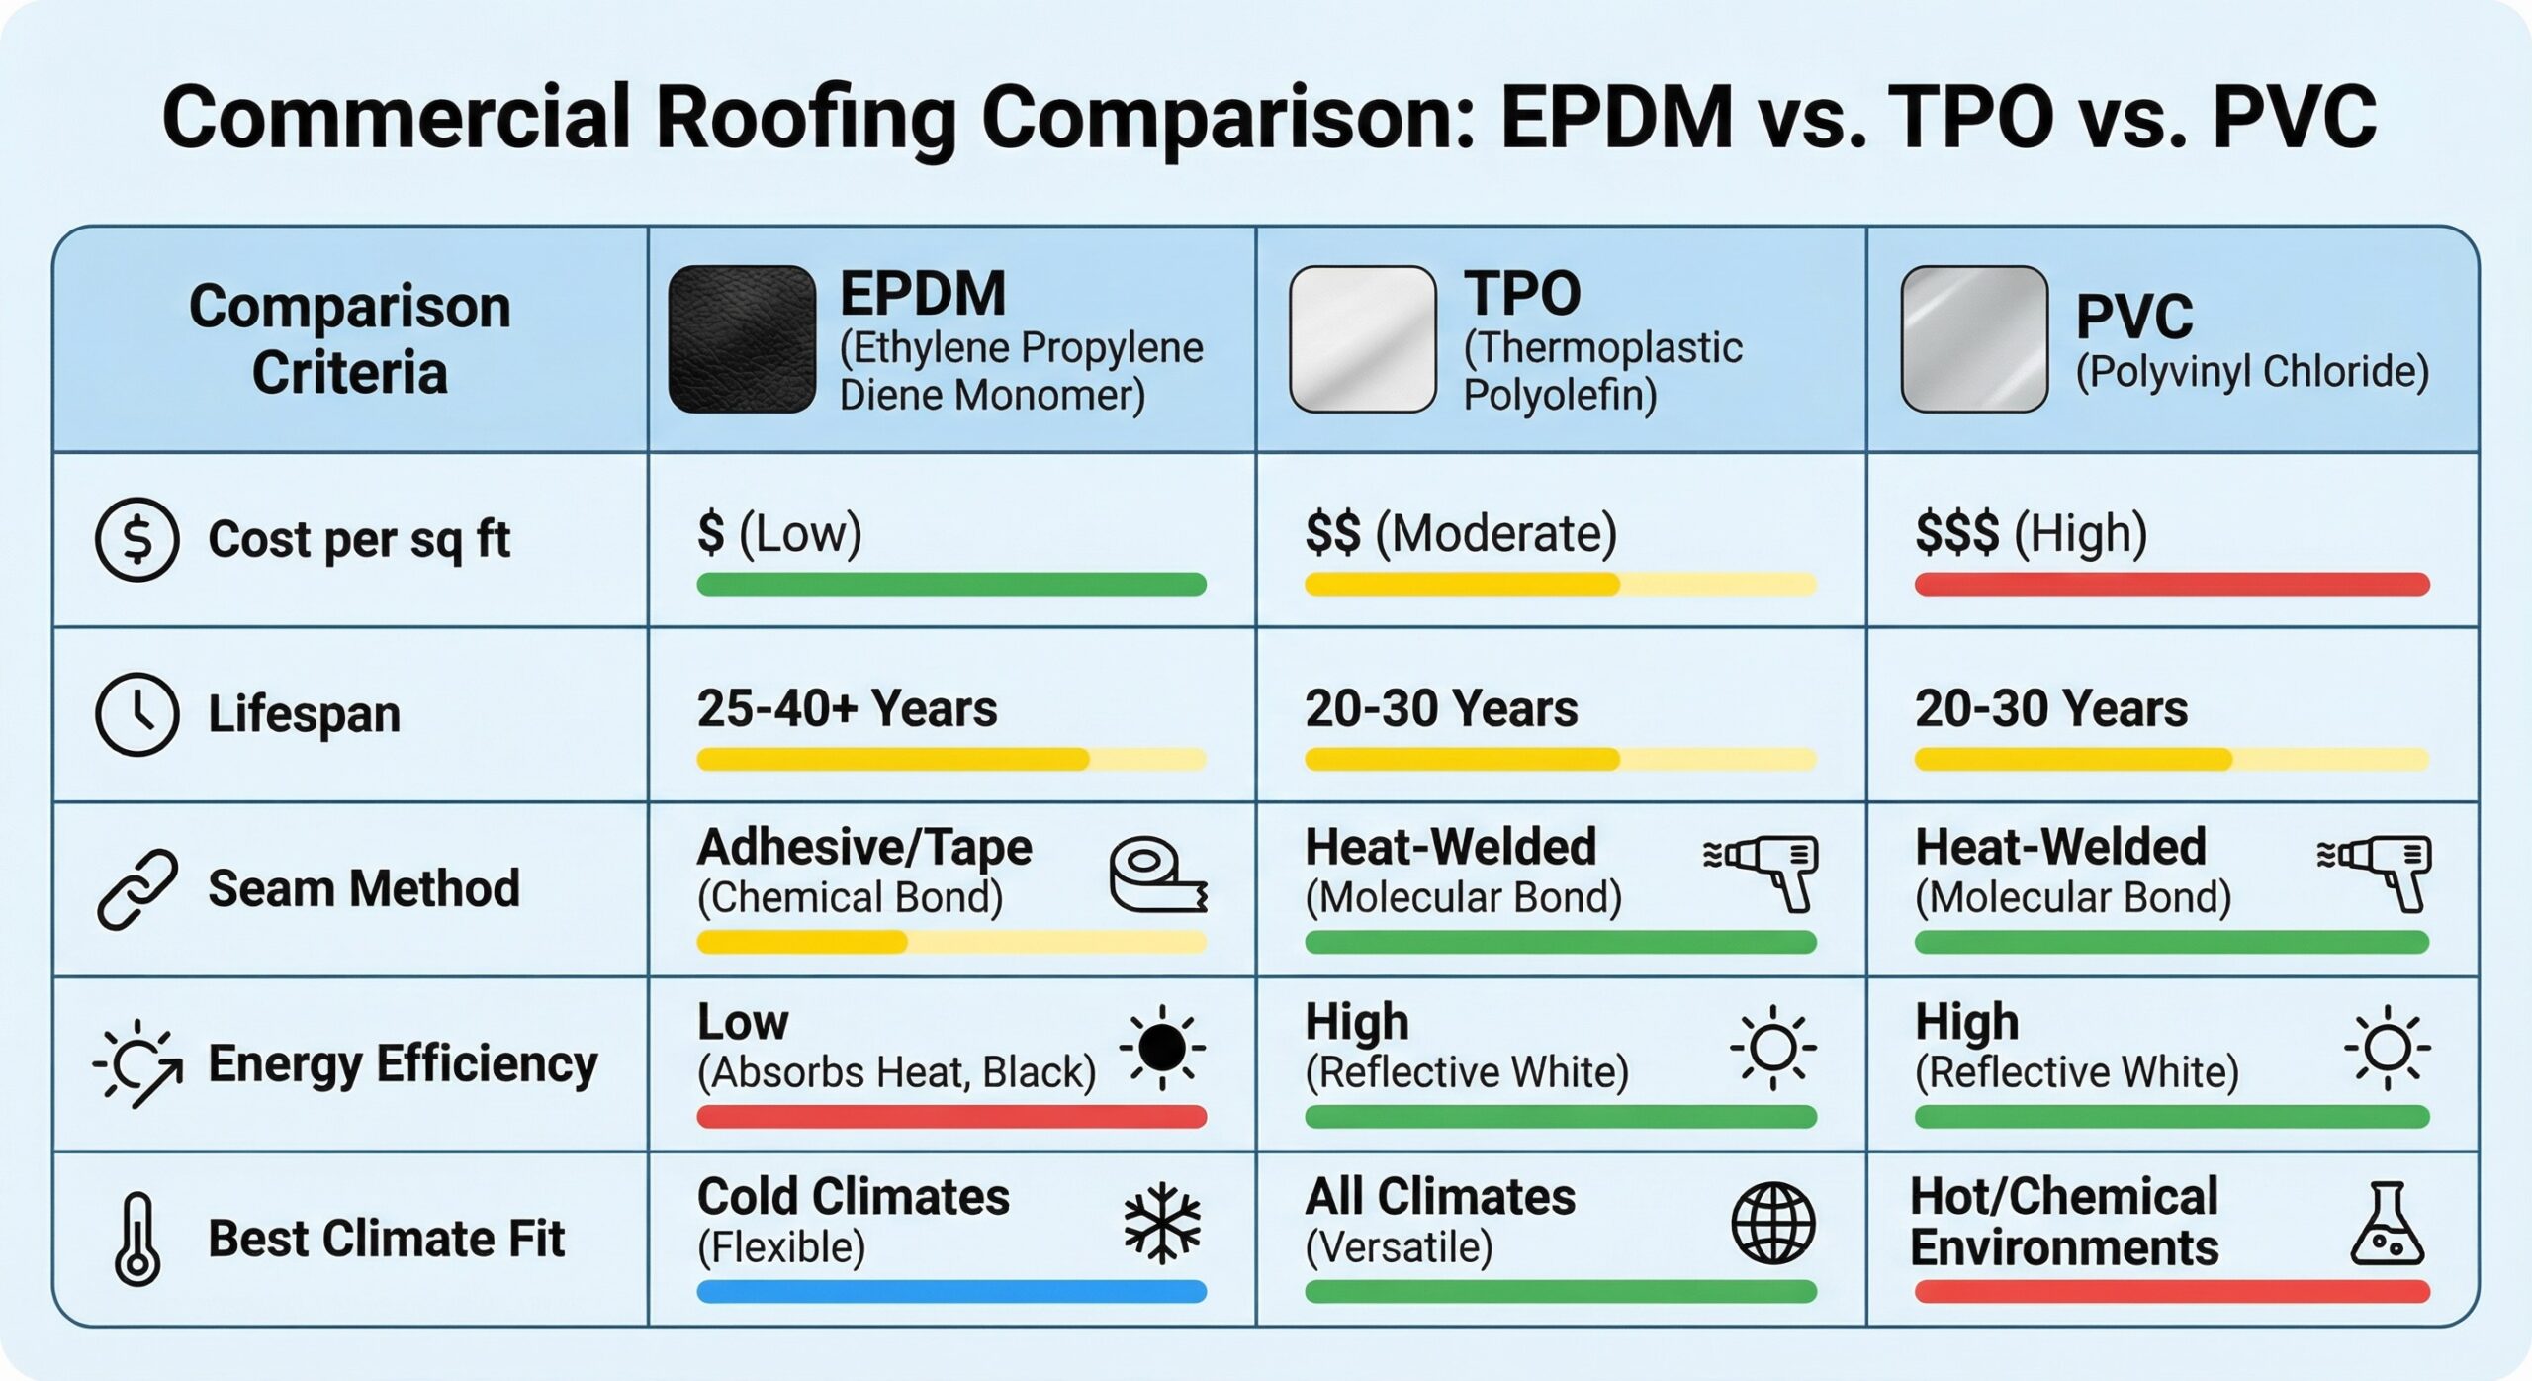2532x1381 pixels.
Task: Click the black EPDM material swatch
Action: coord(742,338)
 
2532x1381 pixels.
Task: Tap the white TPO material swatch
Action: coord(1362,338)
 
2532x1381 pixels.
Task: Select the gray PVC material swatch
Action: coord(1973,338)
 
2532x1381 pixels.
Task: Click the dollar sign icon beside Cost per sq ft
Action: coord(136,539)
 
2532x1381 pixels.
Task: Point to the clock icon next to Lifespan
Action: coord(136,714)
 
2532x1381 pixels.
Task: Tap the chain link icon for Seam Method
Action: coord(136,888)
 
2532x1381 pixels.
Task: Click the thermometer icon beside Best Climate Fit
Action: coord(136,1239)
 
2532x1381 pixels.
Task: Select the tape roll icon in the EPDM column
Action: coord(1155,875)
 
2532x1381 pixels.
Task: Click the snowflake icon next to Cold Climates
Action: coord(1162,1223)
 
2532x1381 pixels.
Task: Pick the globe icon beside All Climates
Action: coord(1772,1223)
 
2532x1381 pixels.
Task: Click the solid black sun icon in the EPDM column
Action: coord(1162,1048)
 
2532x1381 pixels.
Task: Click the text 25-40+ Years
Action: coord(847,708)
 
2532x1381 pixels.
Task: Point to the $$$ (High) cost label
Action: coord(2031,533)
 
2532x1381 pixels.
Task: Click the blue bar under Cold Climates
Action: coord(950,1291)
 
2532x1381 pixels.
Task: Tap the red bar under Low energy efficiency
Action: coord(950,1117)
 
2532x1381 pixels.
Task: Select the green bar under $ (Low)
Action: coord(950,584)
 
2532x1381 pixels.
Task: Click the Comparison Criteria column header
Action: coord(350,338)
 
